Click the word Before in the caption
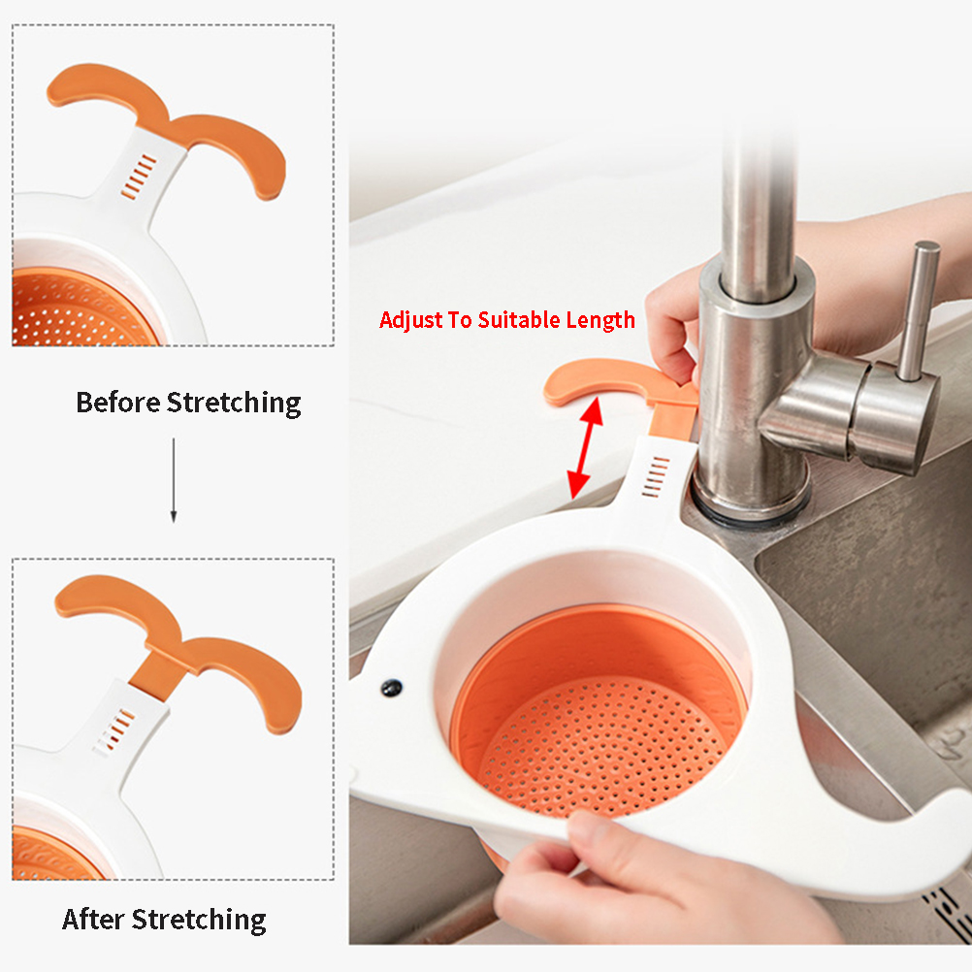pos(117,403)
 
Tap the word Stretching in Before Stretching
pos(234,404)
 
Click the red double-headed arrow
pos(585,447)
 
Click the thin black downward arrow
pos(174,480)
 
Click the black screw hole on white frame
pos(391,687)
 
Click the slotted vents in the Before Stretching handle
pos(139,178)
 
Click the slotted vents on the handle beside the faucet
pos(656,476)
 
